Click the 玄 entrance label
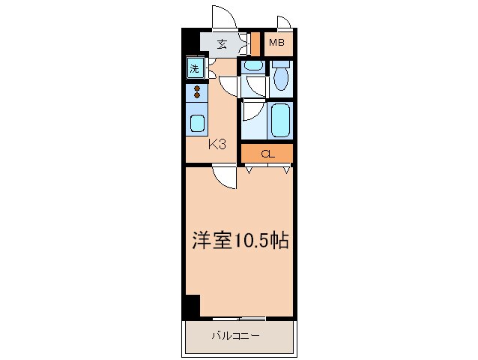coord(222,43)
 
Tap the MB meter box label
coord(276,43)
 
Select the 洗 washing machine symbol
coord(194,69)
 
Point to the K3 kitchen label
coord(217,144)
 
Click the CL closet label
coord(267,154)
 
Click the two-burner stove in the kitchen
coord(197,92)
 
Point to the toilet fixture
coord(280,76)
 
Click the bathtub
coord(280,118)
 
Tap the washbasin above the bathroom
coord(253,66)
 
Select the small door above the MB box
coord(283,22)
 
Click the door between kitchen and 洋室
coord(223,176)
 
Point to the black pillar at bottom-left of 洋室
coord(192,307)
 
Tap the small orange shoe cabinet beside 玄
coord(255,43)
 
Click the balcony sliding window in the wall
coord(240,318)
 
